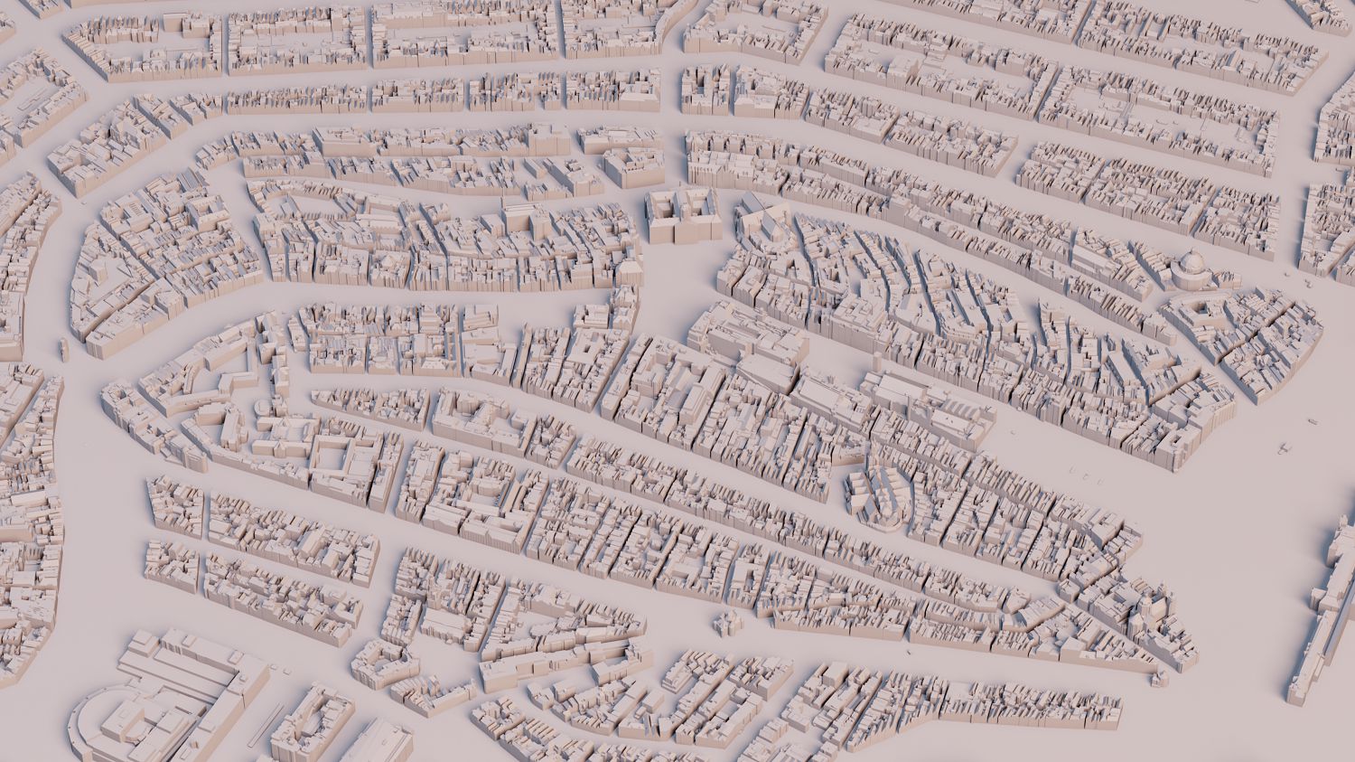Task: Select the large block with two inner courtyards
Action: [682, 215]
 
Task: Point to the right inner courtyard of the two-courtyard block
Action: [697, 207]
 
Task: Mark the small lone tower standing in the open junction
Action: [723, 622]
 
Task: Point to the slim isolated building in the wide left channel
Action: [63, 348]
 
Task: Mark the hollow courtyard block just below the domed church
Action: [1206, 312]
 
